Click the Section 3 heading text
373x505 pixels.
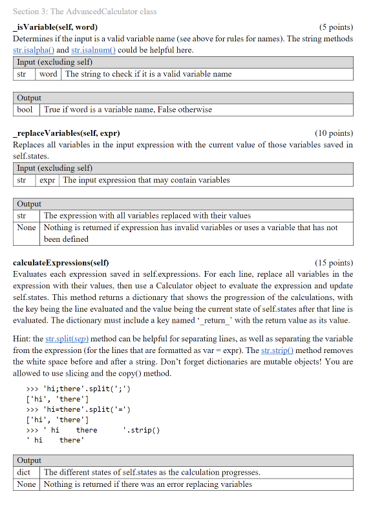point(85,11)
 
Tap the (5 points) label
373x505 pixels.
point(336,27)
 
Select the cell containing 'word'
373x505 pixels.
point(48,74)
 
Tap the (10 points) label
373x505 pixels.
point(334,133)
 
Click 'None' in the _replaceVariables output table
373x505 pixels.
point(27,228)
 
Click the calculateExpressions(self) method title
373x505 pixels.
point(61,263)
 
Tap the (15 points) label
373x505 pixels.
point(334,263)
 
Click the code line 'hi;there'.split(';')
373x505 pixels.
point(78,389)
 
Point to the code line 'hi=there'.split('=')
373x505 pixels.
point(78,410)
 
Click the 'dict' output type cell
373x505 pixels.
point(24,472)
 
